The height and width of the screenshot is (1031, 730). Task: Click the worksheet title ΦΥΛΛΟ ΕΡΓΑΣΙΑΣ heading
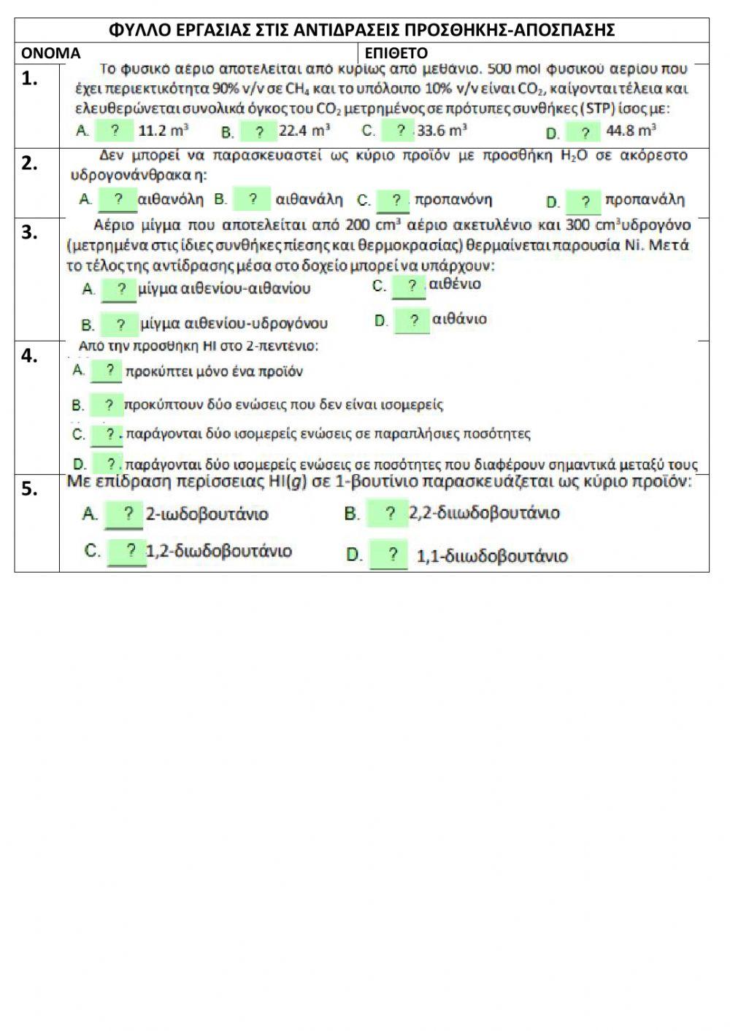point(361,30)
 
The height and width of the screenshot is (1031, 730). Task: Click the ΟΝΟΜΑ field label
point(50,53)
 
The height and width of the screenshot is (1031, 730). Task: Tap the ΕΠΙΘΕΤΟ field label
point(396,53)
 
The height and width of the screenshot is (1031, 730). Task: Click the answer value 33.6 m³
point(442,131)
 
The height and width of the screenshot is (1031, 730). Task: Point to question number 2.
point(29,163)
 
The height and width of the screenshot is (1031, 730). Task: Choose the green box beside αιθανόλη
point(118,200)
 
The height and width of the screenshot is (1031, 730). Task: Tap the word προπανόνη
point(453,199)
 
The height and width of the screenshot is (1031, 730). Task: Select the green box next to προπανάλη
point(584,201)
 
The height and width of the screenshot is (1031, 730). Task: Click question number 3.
point(29,233)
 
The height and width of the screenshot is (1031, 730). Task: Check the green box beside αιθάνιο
point(413,320)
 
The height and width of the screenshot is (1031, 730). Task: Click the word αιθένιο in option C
point(455,284)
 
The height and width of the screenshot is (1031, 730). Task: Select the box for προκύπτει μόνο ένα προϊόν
point(107,371)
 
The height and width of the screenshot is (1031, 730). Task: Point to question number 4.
point(29,356)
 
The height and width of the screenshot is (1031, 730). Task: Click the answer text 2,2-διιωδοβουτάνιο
point(484,514)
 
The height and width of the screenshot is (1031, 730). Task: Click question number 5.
point(29,489)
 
